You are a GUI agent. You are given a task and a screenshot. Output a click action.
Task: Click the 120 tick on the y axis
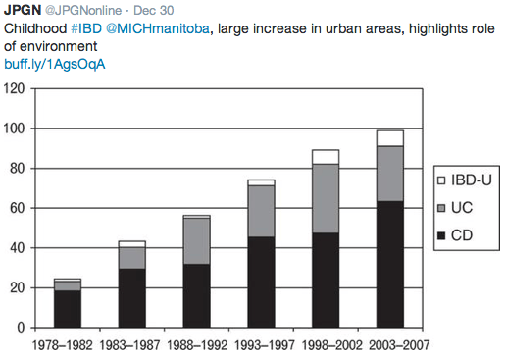14,89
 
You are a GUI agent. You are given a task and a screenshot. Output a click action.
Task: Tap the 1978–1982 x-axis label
68,345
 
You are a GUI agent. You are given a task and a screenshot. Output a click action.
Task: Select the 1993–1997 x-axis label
260,345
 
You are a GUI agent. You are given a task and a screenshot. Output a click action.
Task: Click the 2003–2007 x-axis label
389,345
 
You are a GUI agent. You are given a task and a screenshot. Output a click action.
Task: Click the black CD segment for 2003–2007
389,264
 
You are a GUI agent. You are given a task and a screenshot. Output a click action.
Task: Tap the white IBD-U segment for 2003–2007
389,137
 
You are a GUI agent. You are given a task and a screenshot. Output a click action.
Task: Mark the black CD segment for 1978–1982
68,309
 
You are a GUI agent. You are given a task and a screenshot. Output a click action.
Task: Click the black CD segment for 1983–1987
132,298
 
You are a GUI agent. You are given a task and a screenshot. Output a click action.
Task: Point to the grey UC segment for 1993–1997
260,211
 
